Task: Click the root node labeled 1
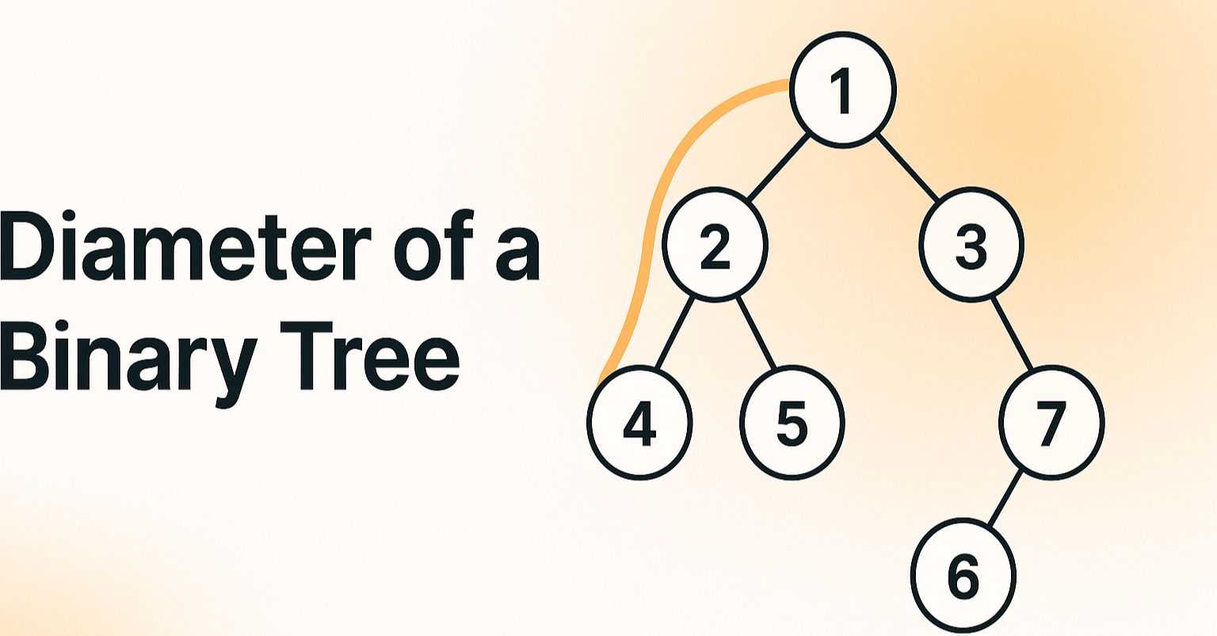[843, 89]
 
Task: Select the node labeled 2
[715, 244]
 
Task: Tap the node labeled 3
[971, 244]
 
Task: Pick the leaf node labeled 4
[640, 423]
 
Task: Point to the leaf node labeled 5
[792, 423]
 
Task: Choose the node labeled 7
[1052, 423]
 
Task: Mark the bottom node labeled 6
[963, 576]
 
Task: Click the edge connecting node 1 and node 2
[778, 167]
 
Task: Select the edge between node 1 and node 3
[908, 167]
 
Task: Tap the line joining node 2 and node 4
[676, 333]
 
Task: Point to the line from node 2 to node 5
[755, 333]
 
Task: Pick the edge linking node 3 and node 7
[1012, 333]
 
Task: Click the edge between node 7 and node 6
[1005, 498]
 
